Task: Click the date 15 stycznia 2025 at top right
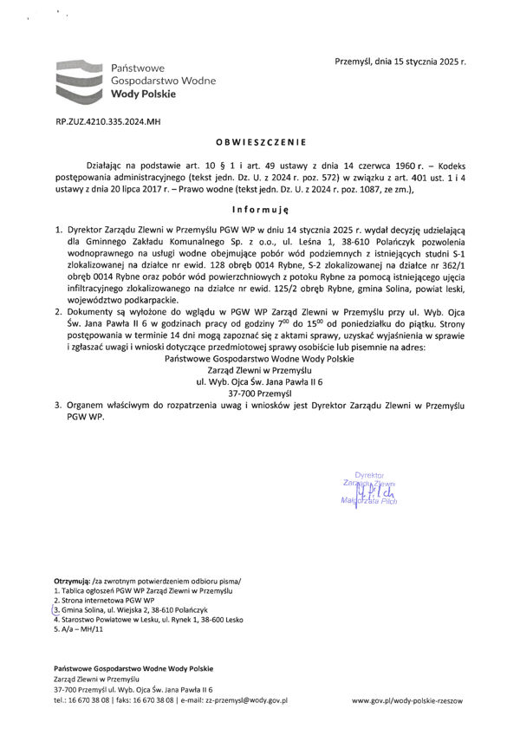click(x=412, y=62)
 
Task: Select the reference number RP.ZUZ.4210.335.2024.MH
click(x=107, y=123)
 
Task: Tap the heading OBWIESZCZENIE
click(x=261, y=141)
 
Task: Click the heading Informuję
click(x=260, y=210)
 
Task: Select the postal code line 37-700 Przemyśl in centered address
click(x=260, y=392)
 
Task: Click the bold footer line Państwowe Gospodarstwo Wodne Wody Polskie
click(x=133, y=668)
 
